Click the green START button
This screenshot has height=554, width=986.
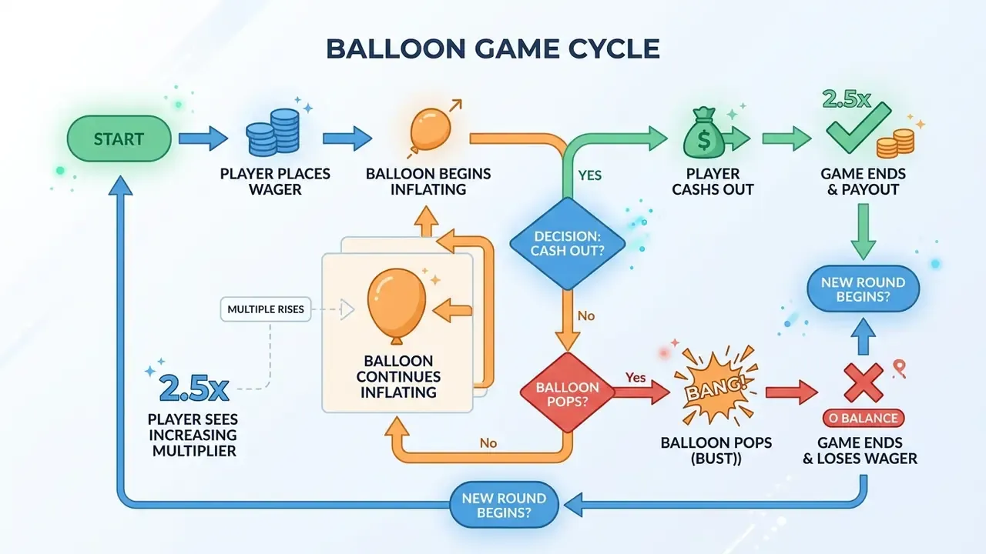click(x=119, y=139)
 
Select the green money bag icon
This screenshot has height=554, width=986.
click(x=704, y=134)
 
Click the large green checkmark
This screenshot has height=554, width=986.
click(x=858, y=128)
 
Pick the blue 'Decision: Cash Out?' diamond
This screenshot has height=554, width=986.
click(x=568, y=244)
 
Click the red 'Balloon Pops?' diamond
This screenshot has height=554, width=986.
click(x=567, y=392)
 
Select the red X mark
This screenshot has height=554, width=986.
click(x=864, y=383)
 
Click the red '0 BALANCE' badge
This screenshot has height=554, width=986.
click(x=864, y=418)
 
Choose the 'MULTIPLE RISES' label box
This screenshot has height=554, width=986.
click(x=266, y=309)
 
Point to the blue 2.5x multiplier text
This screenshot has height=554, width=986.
click(x=194, y=389)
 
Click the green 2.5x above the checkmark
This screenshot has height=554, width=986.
click(x=846, y=99)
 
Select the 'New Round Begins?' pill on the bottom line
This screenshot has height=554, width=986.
click(x=504, y=505)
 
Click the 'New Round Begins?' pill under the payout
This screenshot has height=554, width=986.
click(x=864, y=289)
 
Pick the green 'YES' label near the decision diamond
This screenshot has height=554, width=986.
click(x=590, y=175)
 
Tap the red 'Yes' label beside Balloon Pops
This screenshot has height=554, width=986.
click(x=636, y=377)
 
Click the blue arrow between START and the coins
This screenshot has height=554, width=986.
click(x=203, y=138)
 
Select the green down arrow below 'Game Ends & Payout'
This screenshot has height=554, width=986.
click(x=864, y=232)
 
